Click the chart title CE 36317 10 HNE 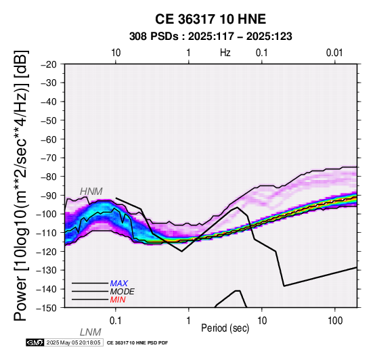[211, 19]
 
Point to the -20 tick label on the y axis [49, 64]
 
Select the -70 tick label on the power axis [49, 158]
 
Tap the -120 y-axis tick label [47, 252]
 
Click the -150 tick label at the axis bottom [47, 308]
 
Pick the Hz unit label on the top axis [225, 53]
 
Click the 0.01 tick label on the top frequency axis [334, 53]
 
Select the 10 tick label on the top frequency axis [116, 53]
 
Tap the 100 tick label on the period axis [335, 321]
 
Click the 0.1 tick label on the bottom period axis [115, 321]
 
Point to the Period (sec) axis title [225, 328]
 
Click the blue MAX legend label [119, 284]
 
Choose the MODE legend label [123, 292]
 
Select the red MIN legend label [118, 300]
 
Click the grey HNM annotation [91, 192]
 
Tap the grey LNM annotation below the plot [91, 332]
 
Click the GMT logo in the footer [35, 342]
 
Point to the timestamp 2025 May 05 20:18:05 [73, 342]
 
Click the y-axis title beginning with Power [21, 185]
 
